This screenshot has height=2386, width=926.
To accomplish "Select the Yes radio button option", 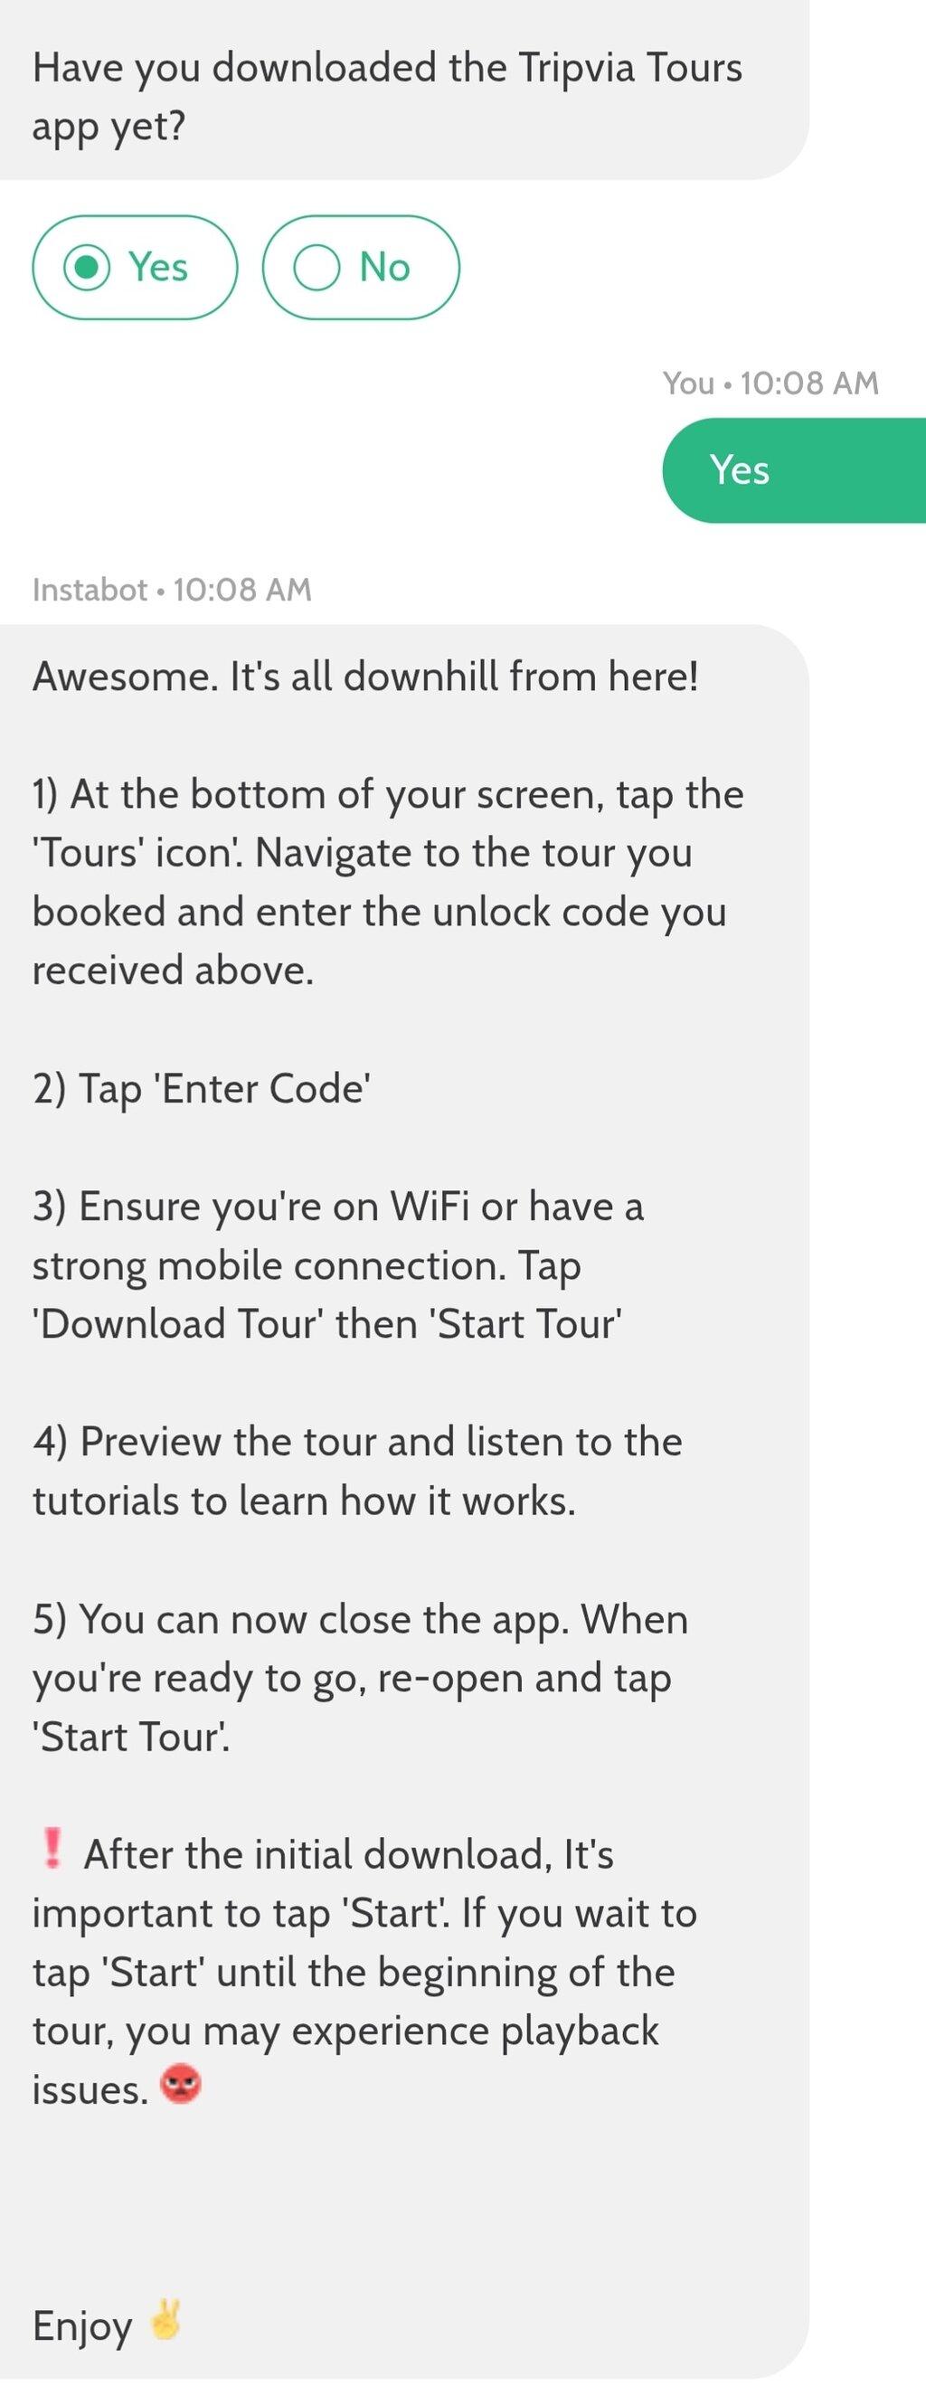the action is [134, 268].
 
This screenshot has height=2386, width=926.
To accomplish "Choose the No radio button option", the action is [361, 268].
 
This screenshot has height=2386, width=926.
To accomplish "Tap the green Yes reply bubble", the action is [794, 470].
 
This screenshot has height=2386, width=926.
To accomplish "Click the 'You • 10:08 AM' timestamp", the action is [770, 383].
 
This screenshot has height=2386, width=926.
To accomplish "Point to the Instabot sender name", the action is [90, 590].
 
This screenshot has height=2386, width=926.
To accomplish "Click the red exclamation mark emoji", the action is [52, 1849].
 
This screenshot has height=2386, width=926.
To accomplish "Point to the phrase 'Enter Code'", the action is [266, 1088].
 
